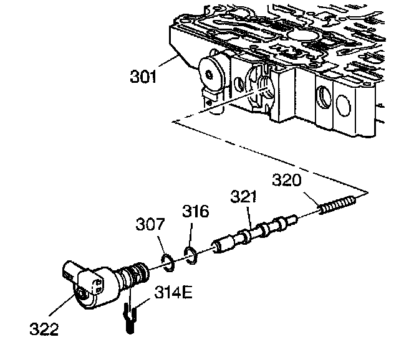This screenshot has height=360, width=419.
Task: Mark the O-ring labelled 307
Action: tap(166, 260)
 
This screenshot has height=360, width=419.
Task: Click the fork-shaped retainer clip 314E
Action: tap(129, 316)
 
